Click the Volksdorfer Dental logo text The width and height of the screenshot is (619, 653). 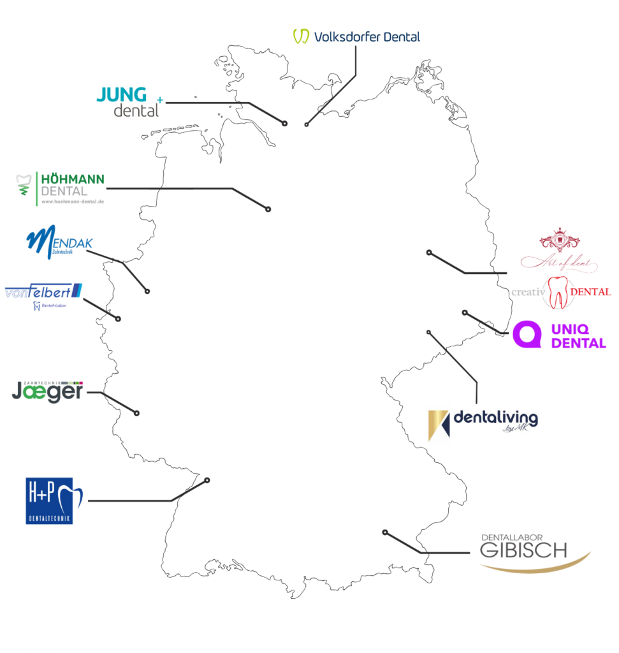click(x=367, y=36)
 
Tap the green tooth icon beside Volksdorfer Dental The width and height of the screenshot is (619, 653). click(x=301, y=36)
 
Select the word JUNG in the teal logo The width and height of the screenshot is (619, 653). click(x=121, y=94)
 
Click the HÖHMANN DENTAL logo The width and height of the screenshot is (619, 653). click(x=61, y=185)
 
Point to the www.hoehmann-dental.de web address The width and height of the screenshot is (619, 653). click(x=72, y=202)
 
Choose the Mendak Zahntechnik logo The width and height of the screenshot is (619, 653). click(x=59, y=243)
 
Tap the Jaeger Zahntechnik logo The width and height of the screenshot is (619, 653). click(x=48, y=390)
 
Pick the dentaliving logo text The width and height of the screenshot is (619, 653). click(x=495, y=418)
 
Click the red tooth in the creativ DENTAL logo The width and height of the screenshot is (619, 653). click(x=557, y=292)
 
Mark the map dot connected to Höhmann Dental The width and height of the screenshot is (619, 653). click(x=268, y=209)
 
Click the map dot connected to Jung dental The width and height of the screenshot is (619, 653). click(x=285, y=123)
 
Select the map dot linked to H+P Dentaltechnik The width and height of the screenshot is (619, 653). click(x=207, y=480)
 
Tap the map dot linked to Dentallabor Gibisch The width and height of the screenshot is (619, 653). click(x=384, y=532)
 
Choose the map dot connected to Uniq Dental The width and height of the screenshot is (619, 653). click(x=465, y=312)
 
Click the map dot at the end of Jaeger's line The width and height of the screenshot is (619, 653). click(x=137, y=413)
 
